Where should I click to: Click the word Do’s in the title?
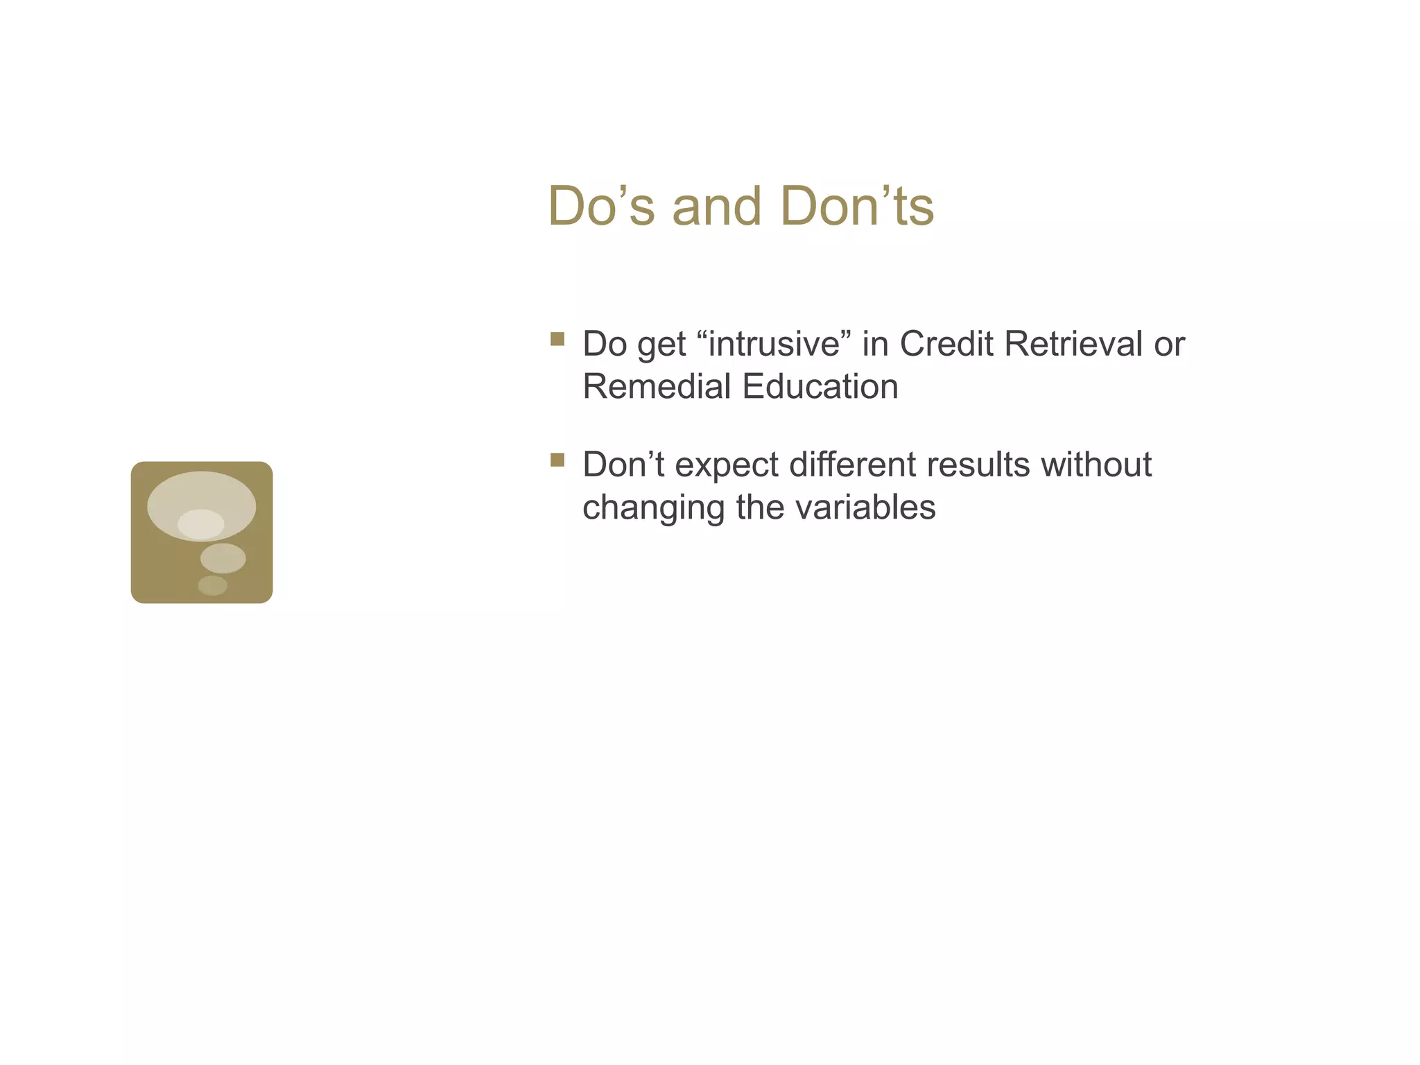coord(600,207)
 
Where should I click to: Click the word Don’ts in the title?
coord(856,207)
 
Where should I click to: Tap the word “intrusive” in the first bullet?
coord(773,344)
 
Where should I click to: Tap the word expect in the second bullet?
coord(726,465)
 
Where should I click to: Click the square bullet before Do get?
coord(557,339)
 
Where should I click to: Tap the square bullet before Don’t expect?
coord(557,460)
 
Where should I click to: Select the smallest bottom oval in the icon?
coord(212,586)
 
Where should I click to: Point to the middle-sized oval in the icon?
coord(223,558)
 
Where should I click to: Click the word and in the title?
coord(716,207)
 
